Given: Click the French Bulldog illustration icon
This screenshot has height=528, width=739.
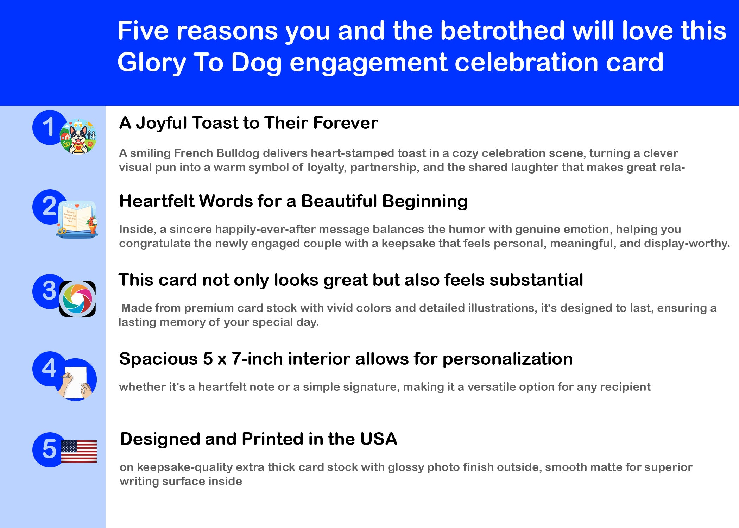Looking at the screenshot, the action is tap(78, 137).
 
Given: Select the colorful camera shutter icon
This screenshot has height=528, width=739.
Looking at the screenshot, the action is tap(77, 299).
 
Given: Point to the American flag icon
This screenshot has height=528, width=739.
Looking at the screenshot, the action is tap(79, 451).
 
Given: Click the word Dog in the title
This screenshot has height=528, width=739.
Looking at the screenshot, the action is tap(257, 63).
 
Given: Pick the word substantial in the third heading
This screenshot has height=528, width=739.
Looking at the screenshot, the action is tap(536, 280).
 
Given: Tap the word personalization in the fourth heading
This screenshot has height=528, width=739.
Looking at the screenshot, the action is tap(507, 359).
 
